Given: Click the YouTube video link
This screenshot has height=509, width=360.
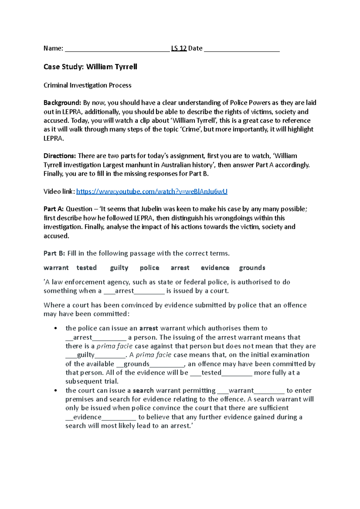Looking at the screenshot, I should click(151, 192).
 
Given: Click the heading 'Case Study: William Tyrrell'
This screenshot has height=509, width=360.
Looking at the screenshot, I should click(90, 67).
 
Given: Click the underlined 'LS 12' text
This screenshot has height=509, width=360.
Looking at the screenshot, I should click(179, 48).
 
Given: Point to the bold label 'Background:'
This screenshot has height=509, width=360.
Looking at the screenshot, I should click(62, 103).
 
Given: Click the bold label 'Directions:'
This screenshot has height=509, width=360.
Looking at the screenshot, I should click(60, 156).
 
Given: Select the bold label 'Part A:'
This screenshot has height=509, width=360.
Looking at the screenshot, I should click(53, 209).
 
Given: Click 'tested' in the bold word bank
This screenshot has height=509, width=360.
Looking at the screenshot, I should click(86, 268).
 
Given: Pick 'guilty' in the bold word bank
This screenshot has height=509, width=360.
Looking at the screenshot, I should click(119, 268).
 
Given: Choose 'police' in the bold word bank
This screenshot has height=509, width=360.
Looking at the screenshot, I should click(149, 268).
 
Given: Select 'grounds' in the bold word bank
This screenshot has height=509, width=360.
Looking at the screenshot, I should click(252, 268).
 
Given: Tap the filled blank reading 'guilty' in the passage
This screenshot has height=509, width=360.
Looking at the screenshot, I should click(95, 355).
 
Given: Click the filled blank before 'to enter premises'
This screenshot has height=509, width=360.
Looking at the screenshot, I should click(251, 391).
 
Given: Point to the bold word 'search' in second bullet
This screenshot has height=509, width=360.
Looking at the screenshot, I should click(143, 391).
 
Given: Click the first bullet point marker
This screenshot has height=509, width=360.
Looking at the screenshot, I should click(55, 329).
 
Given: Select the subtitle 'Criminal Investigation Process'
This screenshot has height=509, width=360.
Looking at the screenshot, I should click(87, 85).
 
